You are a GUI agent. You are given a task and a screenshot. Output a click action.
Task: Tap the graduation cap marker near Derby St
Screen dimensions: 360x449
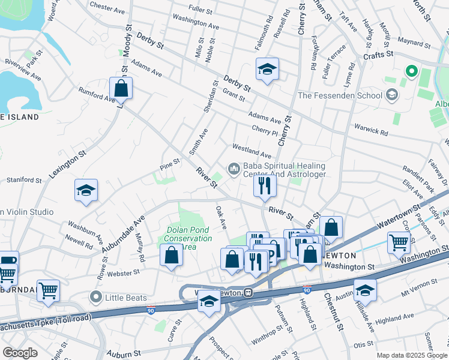pos(267,70)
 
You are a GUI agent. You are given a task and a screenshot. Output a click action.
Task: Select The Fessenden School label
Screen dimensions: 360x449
pos(340,95)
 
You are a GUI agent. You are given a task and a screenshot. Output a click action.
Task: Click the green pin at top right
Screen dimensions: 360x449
pos(411,72)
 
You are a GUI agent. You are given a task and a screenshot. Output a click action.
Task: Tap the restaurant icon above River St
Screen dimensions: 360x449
pos(264,186)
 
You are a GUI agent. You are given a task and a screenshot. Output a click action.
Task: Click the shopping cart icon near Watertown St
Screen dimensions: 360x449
pos(399,242)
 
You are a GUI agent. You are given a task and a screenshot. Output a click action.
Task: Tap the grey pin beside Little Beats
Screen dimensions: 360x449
pos(95,296)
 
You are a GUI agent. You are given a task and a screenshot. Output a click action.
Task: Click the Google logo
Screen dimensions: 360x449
pos(20,352)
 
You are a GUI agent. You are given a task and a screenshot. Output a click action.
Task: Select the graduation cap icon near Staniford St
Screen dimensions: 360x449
pos(86,191)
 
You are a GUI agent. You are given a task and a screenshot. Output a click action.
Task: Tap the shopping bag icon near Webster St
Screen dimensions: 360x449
pos(172,256)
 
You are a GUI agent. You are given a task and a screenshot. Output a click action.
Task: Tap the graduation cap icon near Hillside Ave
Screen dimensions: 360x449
pos(365,291)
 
